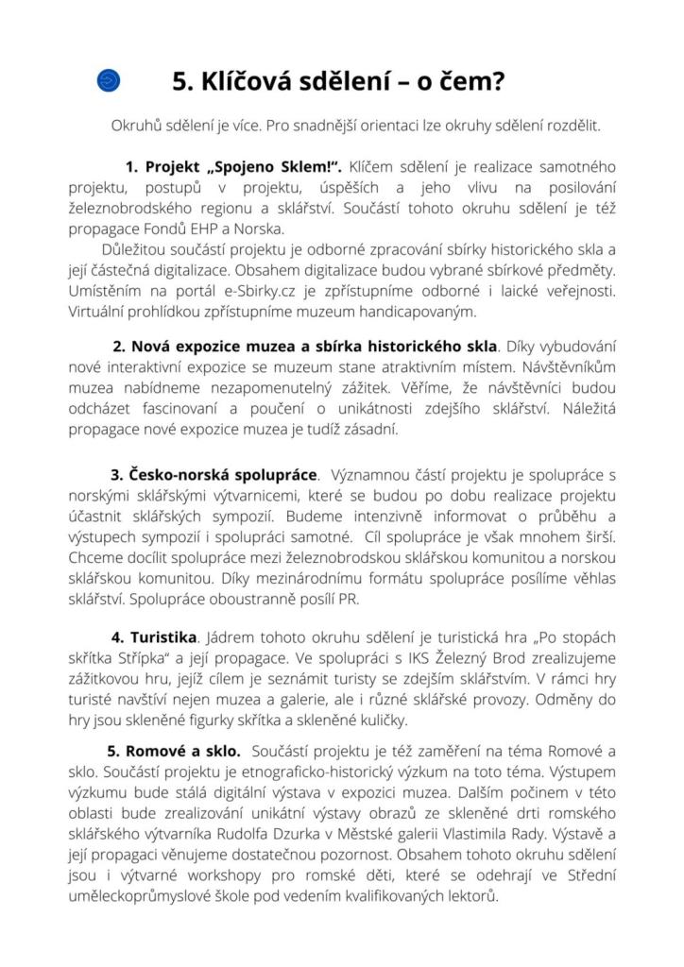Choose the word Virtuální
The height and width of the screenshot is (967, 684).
pos(100,311)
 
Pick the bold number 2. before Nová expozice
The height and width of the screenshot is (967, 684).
pos(120,346)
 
